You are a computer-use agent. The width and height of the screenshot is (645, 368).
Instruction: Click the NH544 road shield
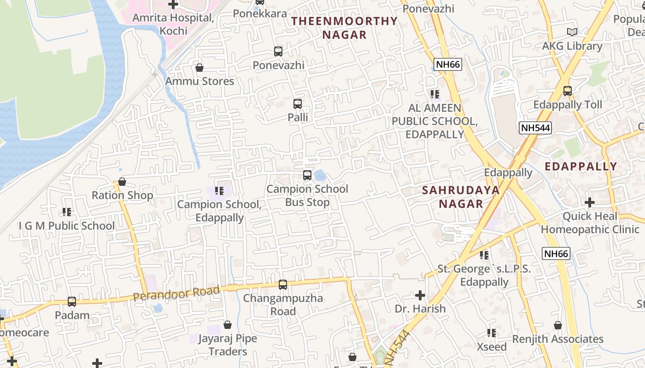[x=535, y=128]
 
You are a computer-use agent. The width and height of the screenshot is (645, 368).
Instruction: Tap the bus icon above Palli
[x=298, y=104]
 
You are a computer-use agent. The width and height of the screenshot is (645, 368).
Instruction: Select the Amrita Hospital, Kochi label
[x=173, y=24]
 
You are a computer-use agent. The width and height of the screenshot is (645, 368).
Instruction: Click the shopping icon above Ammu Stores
[x=199, y=68]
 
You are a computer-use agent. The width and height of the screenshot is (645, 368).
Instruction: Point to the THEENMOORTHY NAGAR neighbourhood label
[x=344, y=28]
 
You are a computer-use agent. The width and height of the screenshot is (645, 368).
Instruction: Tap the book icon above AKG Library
[x=572, y=32]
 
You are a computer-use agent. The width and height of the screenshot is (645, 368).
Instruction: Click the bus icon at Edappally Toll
[x=568, y=91]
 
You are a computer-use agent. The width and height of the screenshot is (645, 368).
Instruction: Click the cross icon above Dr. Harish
[x=420, y=295]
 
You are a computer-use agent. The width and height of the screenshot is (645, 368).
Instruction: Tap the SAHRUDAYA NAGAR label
[x=461, y=197]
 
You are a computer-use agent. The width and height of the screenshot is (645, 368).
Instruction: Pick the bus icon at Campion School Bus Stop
[x=307, y=175]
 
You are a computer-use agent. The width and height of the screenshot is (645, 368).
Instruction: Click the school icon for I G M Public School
[x=67, y=212]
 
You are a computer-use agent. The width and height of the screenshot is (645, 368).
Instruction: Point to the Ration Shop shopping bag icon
[x=122, y=182]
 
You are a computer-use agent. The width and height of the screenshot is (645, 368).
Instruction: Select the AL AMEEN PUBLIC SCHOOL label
[x=434, y=121]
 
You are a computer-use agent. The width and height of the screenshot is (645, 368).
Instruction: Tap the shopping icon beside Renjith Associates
[x=558, y=326]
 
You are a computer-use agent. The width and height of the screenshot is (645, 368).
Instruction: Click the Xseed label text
[x=492, y=347]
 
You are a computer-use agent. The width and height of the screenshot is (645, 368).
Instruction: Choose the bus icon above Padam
[x=72, y=302]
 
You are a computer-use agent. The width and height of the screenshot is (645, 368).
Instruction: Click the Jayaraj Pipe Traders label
[x=228, y=345]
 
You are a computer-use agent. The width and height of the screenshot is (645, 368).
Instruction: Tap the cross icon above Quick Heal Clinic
[x=589, y=202]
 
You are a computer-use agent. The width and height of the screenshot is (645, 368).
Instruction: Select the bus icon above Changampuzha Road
[x=283, y=285]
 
